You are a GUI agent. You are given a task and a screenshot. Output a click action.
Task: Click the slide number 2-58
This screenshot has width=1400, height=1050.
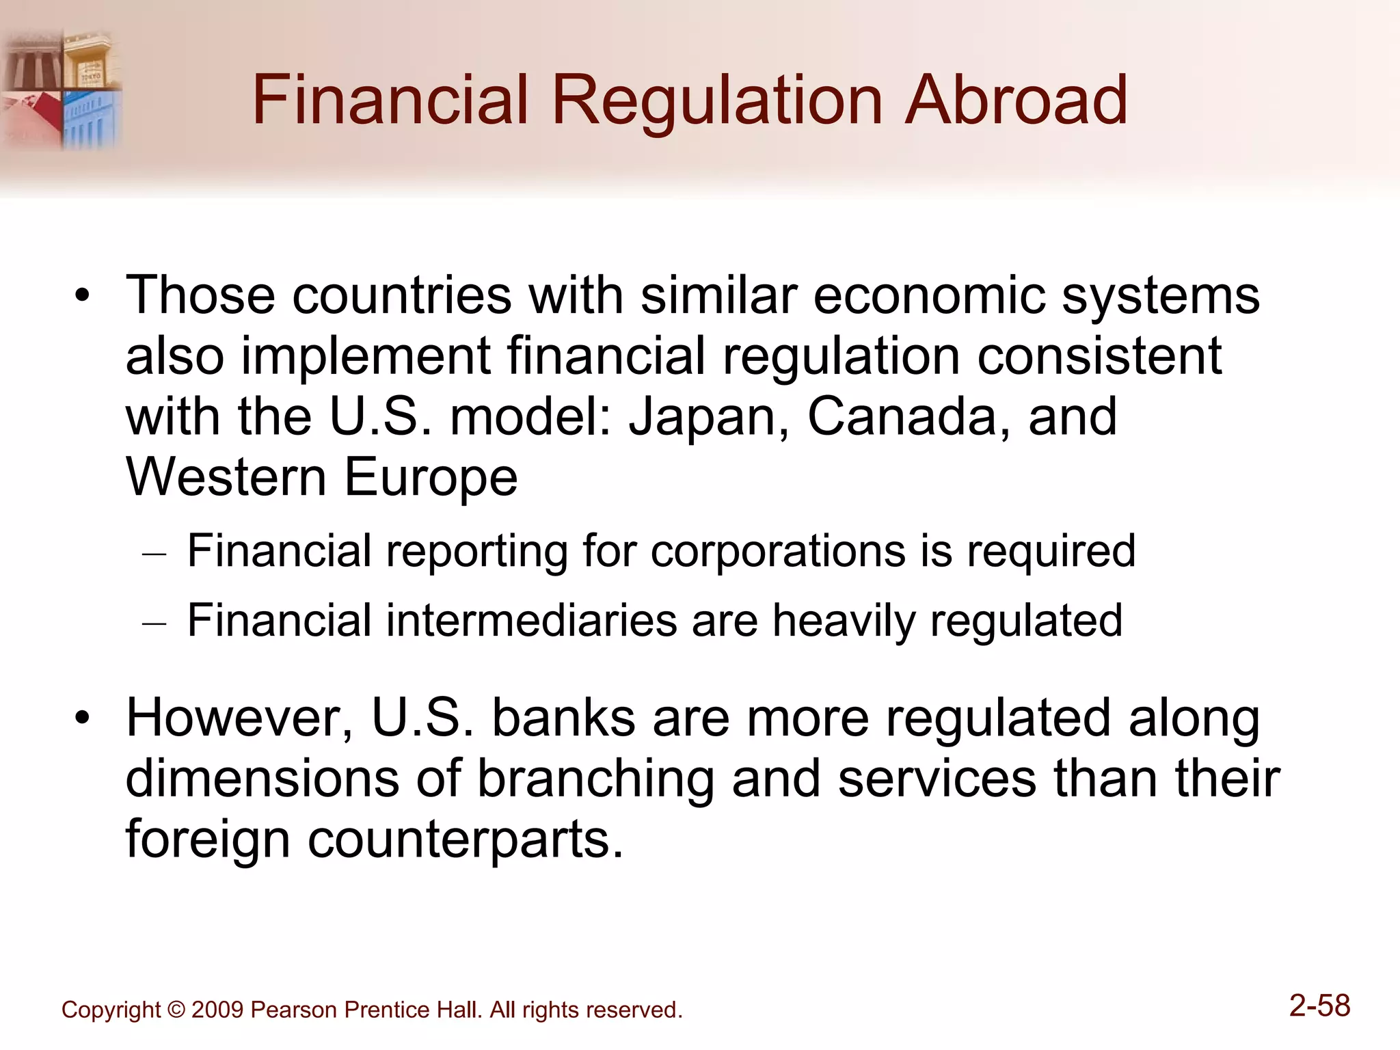coord(1319,1006)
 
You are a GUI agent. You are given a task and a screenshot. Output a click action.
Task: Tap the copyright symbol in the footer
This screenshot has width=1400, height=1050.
coord(176,1010)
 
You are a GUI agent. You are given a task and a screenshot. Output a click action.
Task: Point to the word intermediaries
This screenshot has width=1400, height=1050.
coord(530,621)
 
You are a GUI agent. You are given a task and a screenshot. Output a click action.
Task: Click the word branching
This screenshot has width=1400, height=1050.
coord(595,779)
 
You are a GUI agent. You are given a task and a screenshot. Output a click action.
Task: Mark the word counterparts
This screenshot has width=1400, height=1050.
coord(465,839)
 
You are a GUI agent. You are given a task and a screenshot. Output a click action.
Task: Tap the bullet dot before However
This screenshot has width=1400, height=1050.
coord(83,718)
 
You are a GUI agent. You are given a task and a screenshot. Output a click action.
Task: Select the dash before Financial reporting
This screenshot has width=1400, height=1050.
coord(154,552)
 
